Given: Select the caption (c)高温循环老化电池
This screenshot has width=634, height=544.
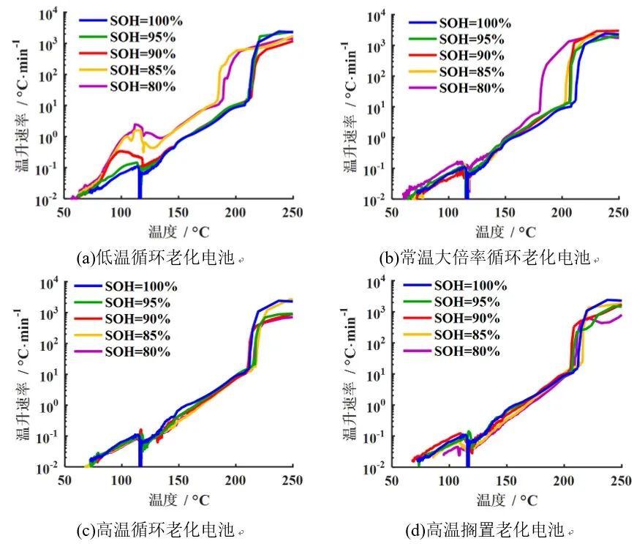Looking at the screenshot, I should pos(158,528).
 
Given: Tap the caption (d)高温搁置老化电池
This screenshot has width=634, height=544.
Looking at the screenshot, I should pos(487,528).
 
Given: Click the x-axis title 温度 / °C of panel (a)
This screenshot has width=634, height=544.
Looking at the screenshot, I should pos(178,231).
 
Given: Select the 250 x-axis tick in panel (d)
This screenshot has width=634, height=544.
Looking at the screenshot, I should pos(620,481).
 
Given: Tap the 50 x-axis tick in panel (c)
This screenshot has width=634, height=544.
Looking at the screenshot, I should pos(64,481).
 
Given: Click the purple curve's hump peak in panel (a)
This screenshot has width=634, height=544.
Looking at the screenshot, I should pos(136,125).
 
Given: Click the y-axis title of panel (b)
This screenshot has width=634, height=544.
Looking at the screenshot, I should pos(351,107).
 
